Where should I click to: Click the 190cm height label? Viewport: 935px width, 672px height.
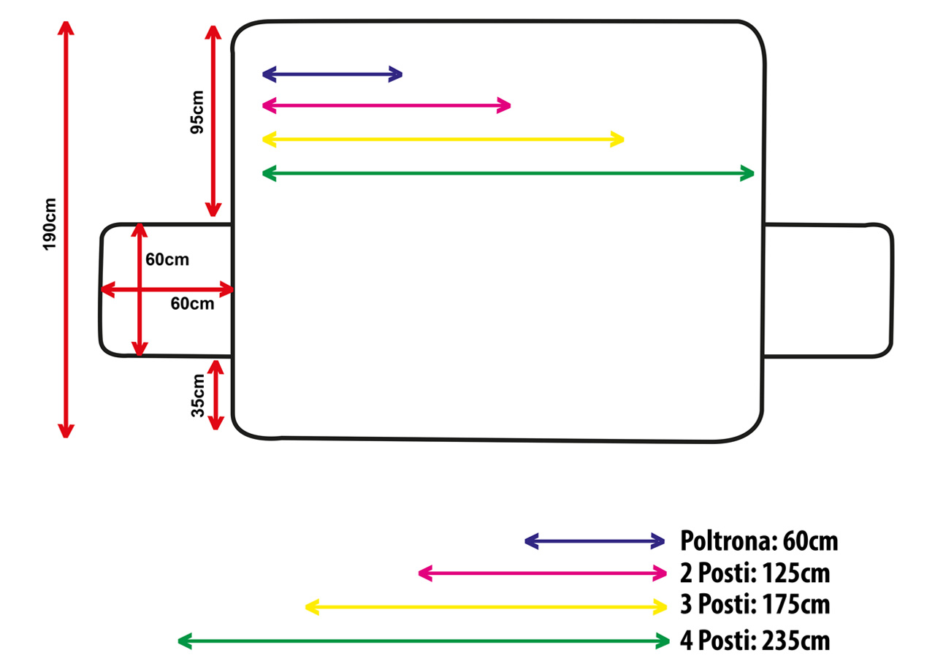50,224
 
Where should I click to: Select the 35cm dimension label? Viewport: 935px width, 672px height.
198,394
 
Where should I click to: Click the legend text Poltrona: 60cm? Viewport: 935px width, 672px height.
759,541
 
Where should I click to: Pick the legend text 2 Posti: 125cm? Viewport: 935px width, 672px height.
755,573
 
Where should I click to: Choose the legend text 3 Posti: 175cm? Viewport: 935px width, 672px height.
755,606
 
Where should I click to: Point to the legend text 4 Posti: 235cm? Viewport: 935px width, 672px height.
755,641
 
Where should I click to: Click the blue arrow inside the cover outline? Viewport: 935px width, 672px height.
332,74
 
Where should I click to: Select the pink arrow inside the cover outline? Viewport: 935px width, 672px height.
386,106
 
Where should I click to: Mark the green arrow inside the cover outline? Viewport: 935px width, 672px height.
508,173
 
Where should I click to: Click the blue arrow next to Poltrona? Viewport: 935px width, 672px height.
595,541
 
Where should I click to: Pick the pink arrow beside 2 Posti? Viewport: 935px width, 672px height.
543,573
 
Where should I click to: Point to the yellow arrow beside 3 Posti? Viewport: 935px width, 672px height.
486,606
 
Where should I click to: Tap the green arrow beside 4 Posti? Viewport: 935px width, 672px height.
424,641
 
